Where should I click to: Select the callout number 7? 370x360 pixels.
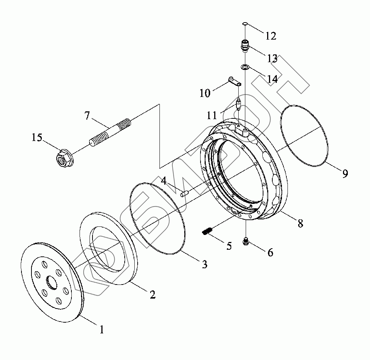pos(87,116)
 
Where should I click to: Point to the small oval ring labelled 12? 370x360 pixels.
pos(245,24)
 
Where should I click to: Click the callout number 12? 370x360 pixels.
pos(270,36)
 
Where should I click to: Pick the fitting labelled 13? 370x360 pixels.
pos(245,46)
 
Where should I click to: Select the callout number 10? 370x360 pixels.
pos(205,93)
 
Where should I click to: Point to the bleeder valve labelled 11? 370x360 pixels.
pos(239,103)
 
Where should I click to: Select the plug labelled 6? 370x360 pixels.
pos(246,242)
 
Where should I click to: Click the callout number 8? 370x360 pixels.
pos(300,223)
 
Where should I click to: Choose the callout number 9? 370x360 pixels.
pos(345,173)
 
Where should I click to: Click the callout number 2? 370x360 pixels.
pos(152,294)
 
